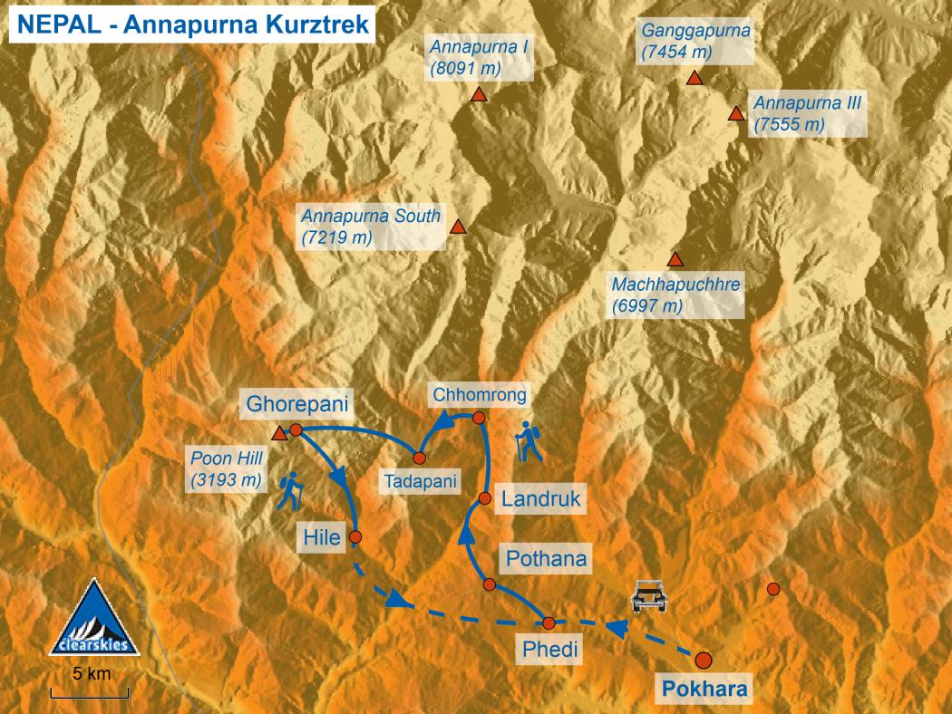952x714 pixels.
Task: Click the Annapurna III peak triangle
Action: click(x=735, y=114)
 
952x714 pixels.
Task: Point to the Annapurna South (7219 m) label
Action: click(x=371, y=227)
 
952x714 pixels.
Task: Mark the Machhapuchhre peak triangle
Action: click(x=675, y=259)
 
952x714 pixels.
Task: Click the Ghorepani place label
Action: click(x=297, y=403)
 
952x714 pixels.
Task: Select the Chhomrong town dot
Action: click(x=480, y=418)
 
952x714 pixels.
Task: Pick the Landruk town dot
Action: click(x=485, y=497)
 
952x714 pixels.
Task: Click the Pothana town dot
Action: click(x=489, y=584)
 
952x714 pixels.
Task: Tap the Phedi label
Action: click(x=548, y=649)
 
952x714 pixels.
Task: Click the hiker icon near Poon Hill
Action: click(x=291, y=493)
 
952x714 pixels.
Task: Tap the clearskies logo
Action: click(x=94, y=620)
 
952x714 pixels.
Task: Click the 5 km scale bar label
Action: click(x=91, y=674)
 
